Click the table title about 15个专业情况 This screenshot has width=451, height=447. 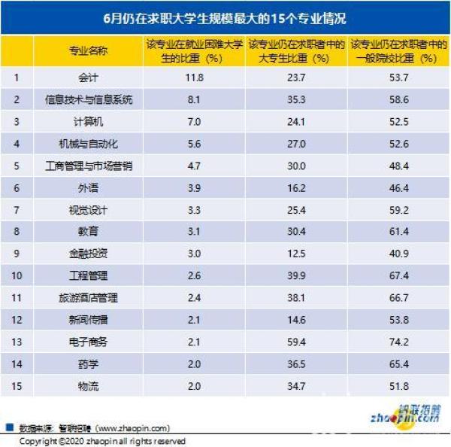[x=225, y=16]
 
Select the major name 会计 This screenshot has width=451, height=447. [x=89, y=77]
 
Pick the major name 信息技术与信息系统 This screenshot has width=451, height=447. [x=89, y=99]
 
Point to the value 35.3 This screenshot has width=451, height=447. [x=299, y=99]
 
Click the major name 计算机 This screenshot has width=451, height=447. [x=89, y=121]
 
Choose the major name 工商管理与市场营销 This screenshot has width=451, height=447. [x=89, y=166]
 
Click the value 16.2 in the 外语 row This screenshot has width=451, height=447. [x=299, y=187]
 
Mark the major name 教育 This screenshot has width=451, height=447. [x=89, y=232]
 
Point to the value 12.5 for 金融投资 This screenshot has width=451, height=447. [x=299, y=254]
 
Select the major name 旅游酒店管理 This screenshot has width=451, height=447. [x=89, y=298]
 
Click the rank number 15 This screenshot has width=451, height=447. [x=17, y=386]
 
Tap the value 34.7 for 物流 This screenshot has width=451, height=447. [x=299, y=386]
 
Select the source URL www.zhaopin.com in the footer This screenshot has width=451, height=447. [x=134, y=428]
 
